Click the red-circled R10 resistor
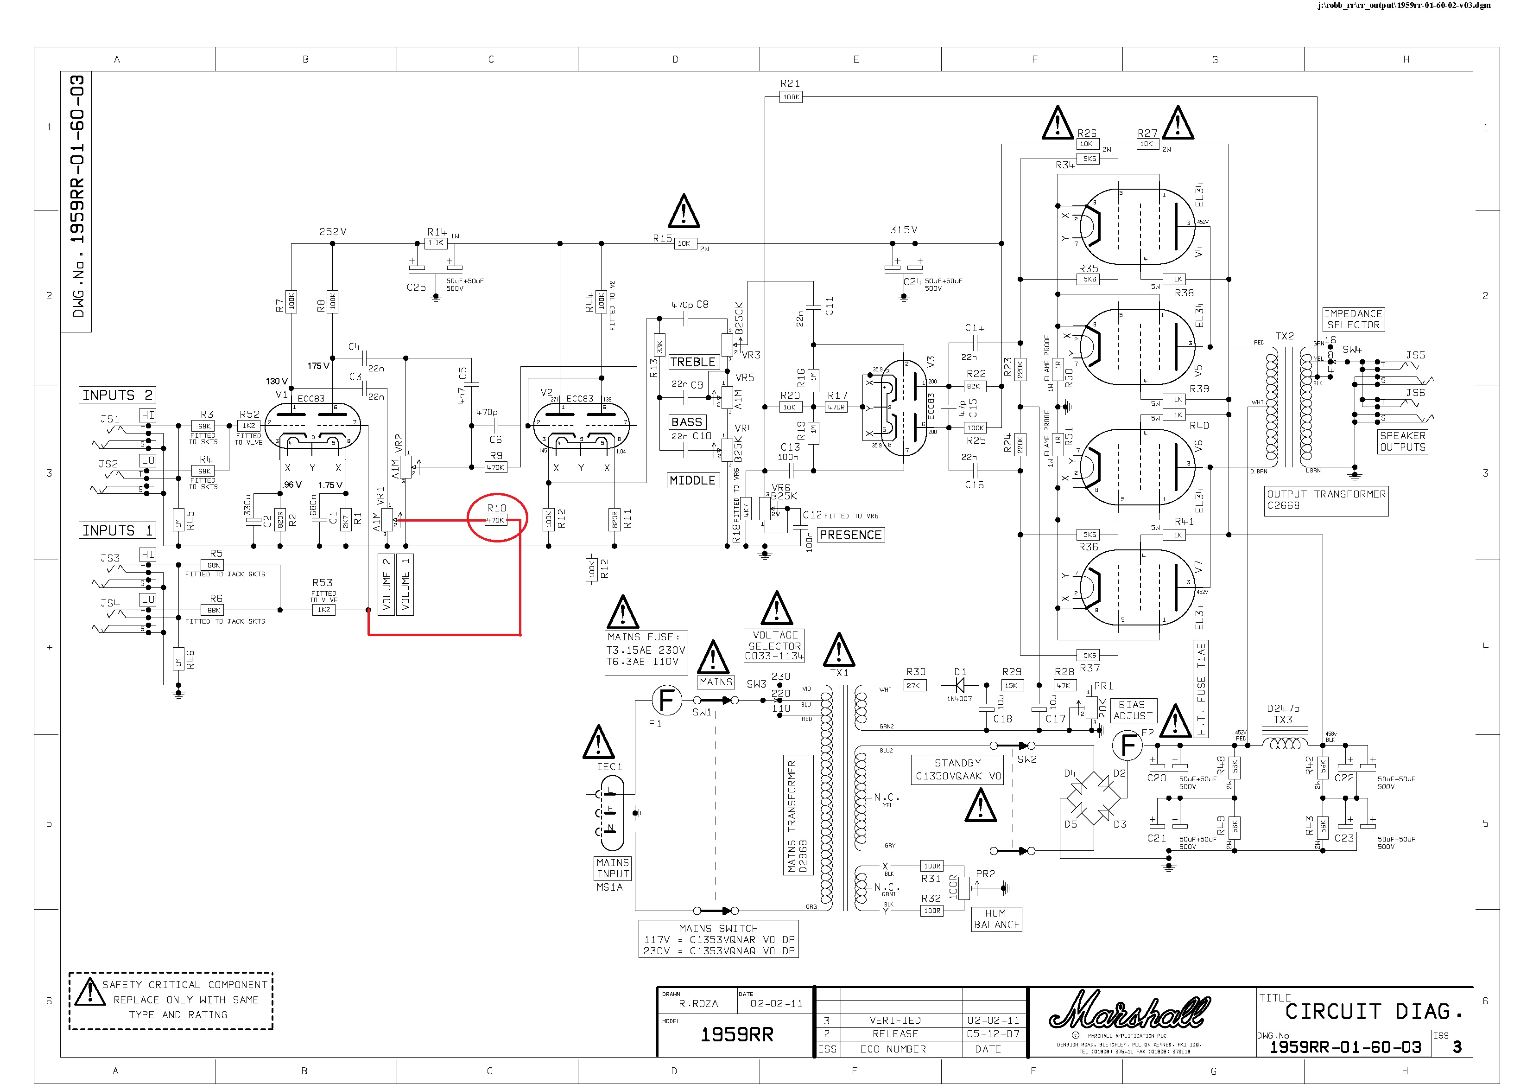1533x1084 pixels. (x=496, y=520)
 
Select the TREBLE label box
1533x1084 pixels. (x=693, y=362)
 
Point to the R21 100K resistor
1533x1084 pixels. (x=791, y=97)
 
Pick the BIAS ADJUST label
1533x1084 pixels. (x=1133, y=710)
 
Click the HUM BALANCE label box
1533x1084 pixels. (x=996, y=919)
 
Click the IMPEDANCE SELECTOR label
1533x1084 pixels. (x=1353, y=319)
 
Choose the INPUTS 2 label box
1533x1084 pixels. (x=118, y=395)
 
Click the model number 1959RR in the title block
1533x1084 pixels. (x=736, y=1034)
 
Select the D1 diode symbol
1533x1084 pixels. (x=960, y=685)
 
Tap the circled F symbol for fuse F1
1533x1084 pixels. (x=666, y=701)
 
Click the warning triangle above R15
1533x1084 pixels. (x=684, y=212)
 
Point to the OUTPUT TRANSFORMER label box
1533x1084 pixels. (x=1325, y=500)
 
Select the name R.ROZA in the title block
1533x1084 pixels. (x=698, y=1004)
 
